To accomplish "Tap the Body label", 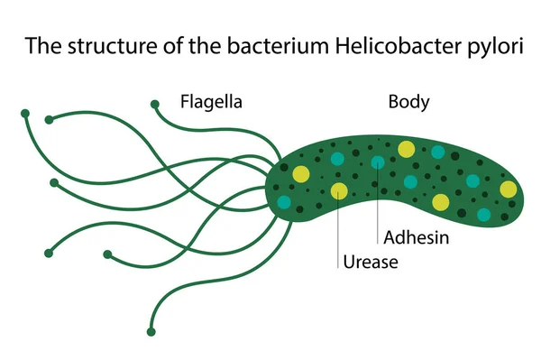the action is [408, 101].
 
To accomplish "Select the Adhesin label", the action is [416, 238].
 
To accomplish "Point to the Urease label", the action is [370, 263].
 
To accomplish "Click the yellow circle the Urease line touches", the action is [339, 190].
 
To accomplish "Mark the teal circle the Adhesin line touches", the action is [378, 162].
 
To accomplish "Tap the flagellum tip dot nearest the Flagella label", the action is [155, 103].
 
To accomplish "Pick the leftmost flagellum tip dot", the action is [25, 114].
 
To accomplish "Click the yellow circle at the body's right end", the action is [509, 189].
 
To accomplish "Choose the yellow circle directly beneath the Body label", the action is [407, 149].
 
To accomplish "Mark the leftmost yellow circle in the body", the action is [301, 174].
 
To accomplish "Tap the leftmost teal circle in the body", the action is [285, 202].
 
